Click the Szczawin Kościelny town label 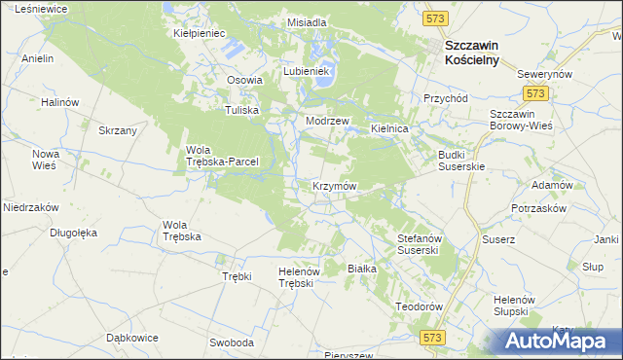tap(471, 53)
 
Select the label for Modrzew tap(327, 121)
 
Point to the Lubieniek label tap(308, 72)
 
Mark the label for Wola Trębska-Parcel tap(221, 156)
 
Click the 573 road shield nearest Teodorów tap(434, 336)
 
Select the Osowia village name tap(245, 81)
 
